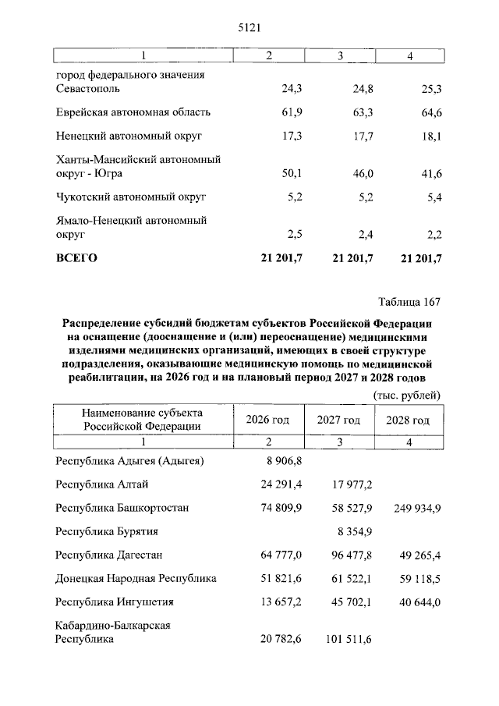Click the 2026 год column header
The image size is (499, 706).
267,420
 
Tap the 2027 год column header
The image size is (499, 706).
338,420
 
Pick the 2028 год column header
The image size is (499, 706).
408,420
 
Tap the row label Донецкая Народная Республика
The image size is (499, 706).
136,578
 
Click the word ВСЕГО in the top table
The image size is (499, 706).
76,258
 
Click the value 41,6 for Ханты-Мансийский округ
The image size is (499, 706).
431,173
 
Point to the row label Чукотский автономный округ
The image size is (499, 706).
131,197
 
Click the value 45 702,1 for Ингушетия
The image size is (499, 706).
347,601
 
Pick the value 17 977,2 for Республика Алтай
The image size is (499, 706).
347,484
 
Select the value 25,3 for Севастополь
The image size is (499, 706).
431,89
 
